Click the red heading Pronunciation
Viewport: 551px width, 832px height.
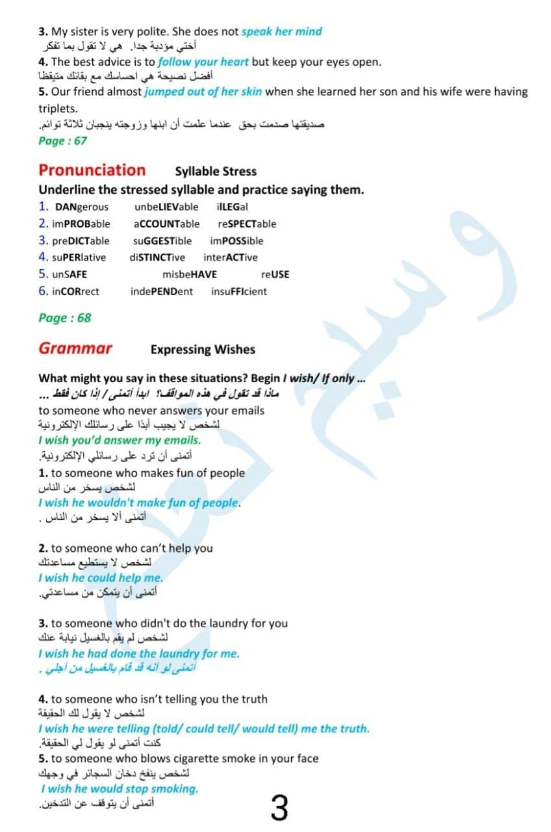[92, 170]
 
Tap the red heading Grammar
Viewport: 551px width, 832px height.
[75, 348]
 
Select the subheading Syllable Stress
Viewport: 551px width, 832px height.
[216, 172]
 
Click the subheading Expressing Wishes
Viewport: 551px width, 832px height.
[203, 349]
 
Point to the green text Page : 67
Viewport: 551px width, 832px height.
[62, 140]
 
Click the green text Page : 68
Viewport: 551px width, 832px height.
[65, 318]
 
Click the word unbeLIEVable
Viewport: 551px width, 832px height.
[166, 207]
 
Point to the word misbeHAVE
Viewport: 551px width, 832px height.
[190, 274]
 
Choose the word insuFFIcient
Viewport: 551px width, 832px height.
[238, 291]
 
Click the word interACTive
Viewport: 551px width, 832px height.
[230, 257]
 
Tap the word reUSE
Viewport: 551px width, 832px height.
[275, 274]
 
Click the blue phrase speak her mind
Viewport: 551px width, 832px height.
[281, 31]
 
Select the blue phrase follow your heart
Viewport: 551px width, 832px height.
[203, 62]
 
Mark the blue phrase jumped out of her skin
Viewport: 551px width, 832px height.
[203, 92]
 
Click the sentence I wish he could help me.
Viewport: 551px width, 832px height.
[101, 577]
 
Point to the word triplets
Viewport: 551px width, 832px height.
[58, 109]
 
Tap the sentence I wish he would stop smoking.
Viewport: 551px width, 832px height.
[119, 788]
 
